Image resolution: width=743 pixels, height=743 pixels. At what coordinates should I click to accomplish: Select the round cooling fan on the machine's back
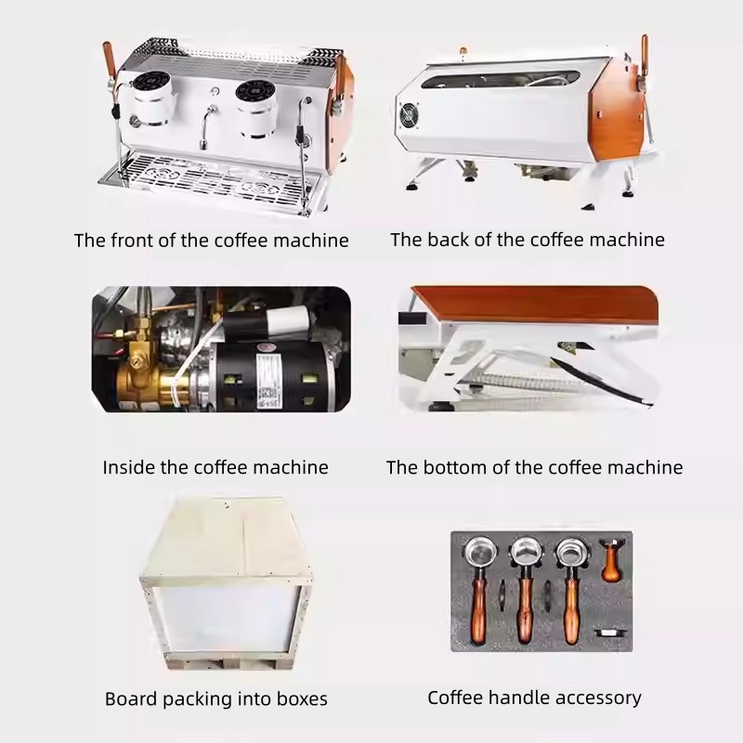pos(410,116)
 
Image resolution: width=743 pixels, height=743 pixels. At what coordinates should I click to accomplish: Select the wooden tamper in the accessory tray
pos(610,562)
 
